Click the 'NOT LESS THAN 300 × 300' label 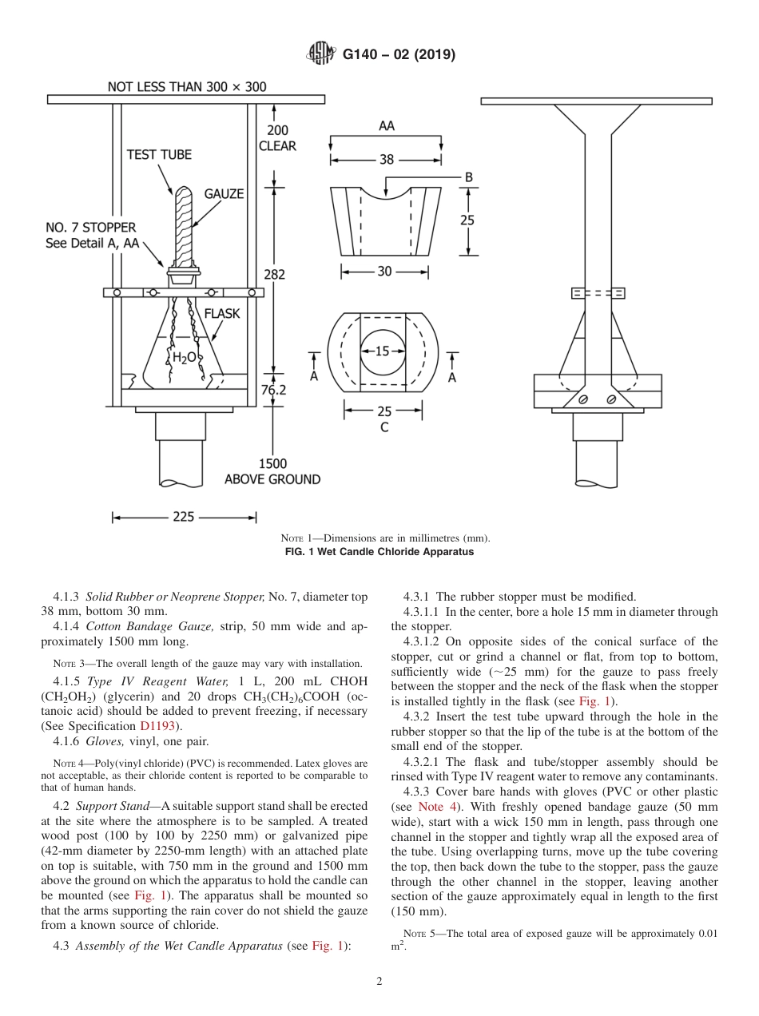187,87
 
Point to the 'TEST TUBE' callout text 159,154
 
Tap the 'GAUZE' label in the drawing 224,194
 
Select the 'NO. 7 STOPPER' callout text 90,228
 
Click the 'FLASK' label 221,314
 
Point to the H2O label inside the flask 184,358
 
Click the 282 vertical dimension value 274,274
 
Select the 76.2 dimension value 274,390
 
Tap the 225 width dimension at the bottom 183,517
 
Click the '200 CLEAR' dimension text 277,137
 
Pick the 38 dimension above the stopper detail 387,159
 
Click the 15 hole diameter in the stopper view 382,351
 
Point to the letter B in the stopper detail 469,177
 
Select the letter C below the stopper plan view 384,427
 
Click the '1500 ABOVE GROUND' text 272,471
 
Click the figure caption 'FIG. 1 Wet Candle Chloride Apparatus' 379,552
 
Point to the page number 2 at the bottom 379,982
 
